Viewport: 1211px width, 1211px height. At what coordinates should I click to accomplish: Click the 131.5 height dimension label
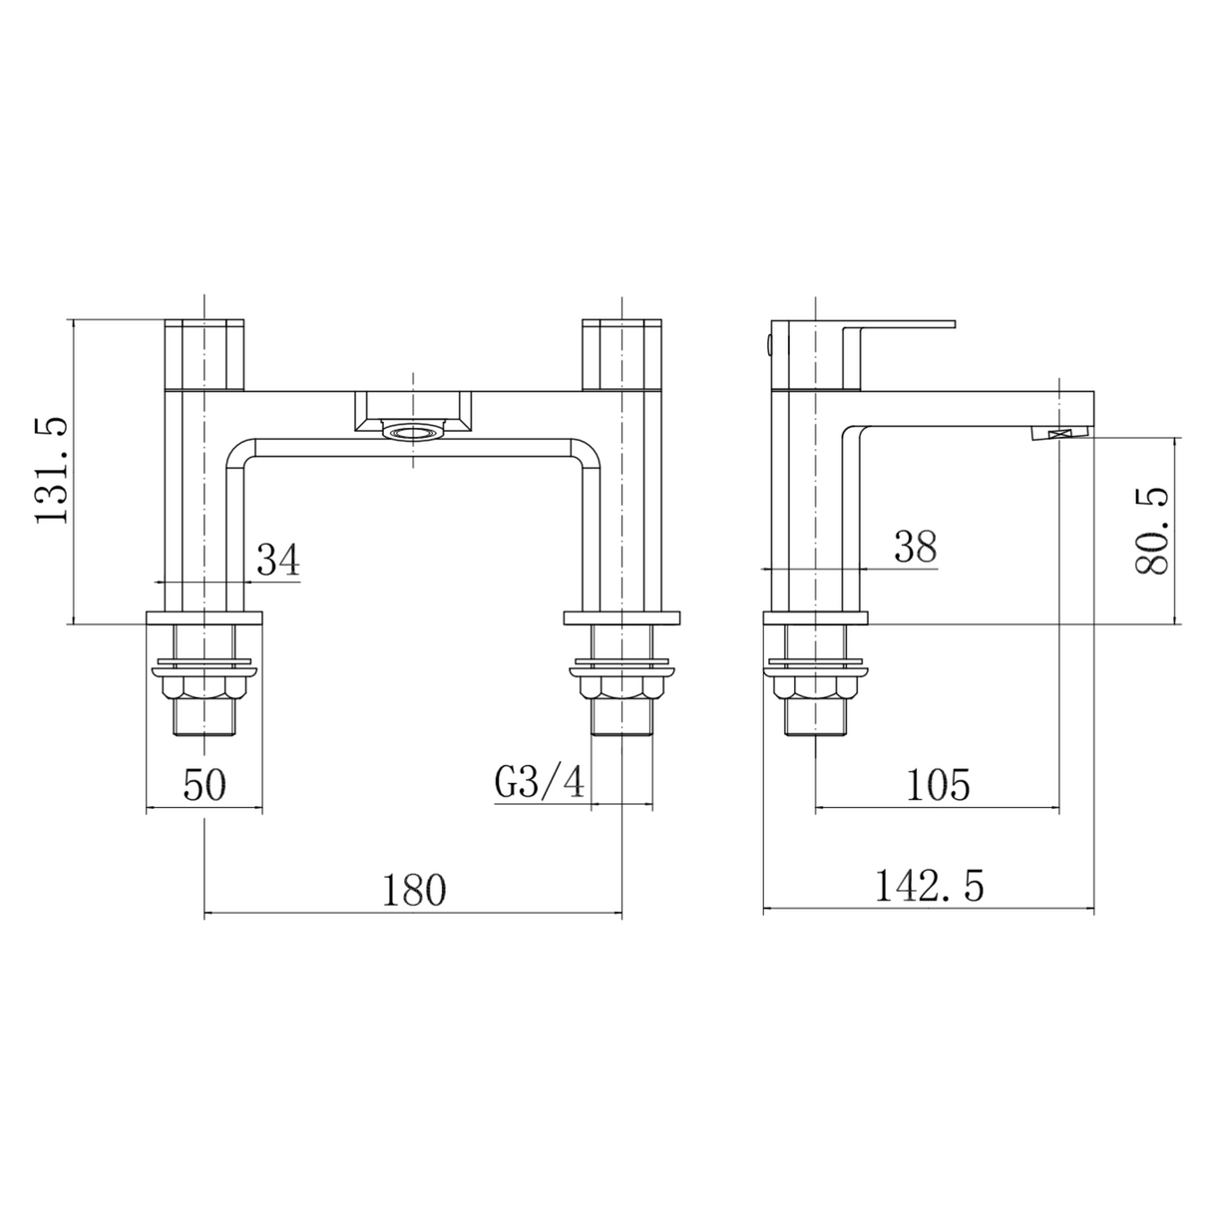(x=51, y=471)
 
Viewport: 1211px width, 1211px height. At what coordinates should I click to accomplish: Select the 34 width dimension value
(x=278, y=560)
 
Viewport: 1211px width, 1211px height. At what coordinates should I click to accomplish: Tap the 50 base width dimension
(x=204, y=785)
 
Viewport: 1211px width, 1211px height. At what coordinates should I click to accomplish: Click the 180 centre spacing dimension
(x=414, y=890)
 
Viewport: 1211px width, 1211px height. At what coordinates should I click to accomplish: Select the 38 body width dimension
(x=915, y=547)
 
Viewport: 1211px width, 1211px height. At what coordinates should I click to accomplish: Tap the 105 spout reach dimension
(x=937, y=785)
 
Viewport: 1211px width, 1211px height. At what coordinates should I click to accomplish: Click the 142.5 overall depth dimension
(x=929, y=886)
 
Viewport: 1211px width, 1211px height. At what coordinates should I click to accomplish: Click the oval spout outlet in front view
(x=411, y=432)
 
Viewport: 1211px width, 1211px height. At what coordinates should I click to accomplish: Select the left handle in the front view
(x=203, y=353)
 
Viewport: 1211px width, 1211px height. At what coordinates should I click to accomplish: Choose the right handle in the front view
(x=621, y=353)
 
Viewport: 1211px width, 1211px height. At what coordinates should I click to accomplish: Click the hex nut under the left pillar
(x=204, y=687)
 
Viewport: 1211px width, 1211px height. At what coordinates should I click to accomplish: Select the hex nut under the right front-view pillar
(x=621, y=687)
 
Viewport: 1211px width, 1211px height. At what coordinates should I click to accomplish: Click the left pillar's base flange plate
(x=204, y=617)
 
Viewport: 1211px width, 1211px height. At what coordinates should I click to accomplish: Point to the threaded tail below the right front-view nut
(x=621, y=719)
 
